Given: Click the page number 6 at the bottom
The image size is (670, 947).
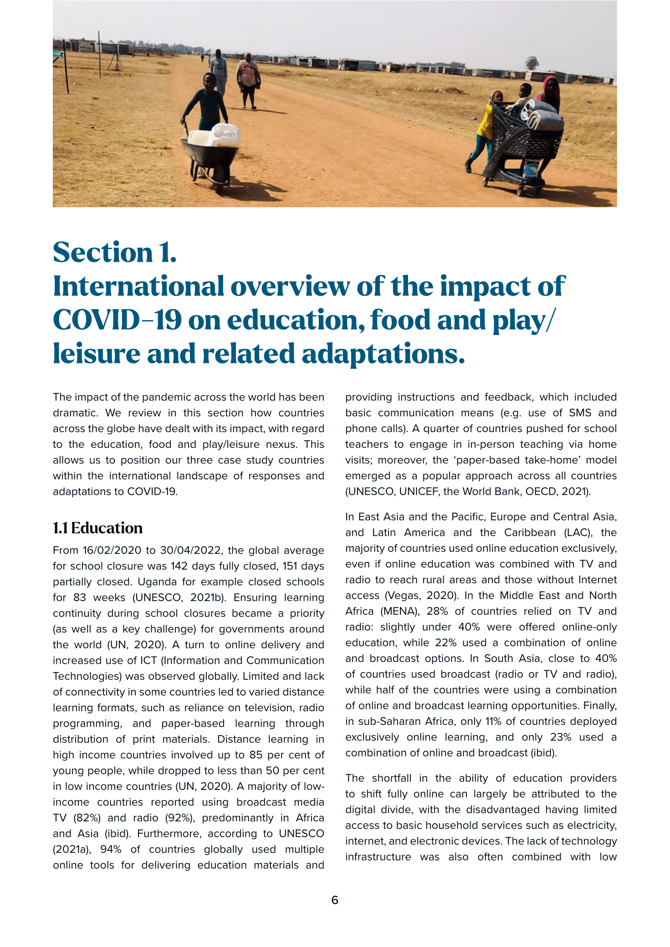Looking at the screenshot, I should point(335,900).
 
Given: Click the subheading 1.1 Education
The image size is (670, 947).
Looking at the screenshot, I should point(97,528).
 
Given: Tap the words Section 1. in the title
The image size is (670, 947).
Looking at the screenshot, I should point(114,253).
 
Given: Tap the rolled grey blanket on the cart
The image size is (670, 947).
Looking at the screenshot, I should point(542,117).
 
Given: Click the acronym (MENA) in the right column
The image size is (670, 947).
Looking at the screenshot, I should point(399,611).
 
